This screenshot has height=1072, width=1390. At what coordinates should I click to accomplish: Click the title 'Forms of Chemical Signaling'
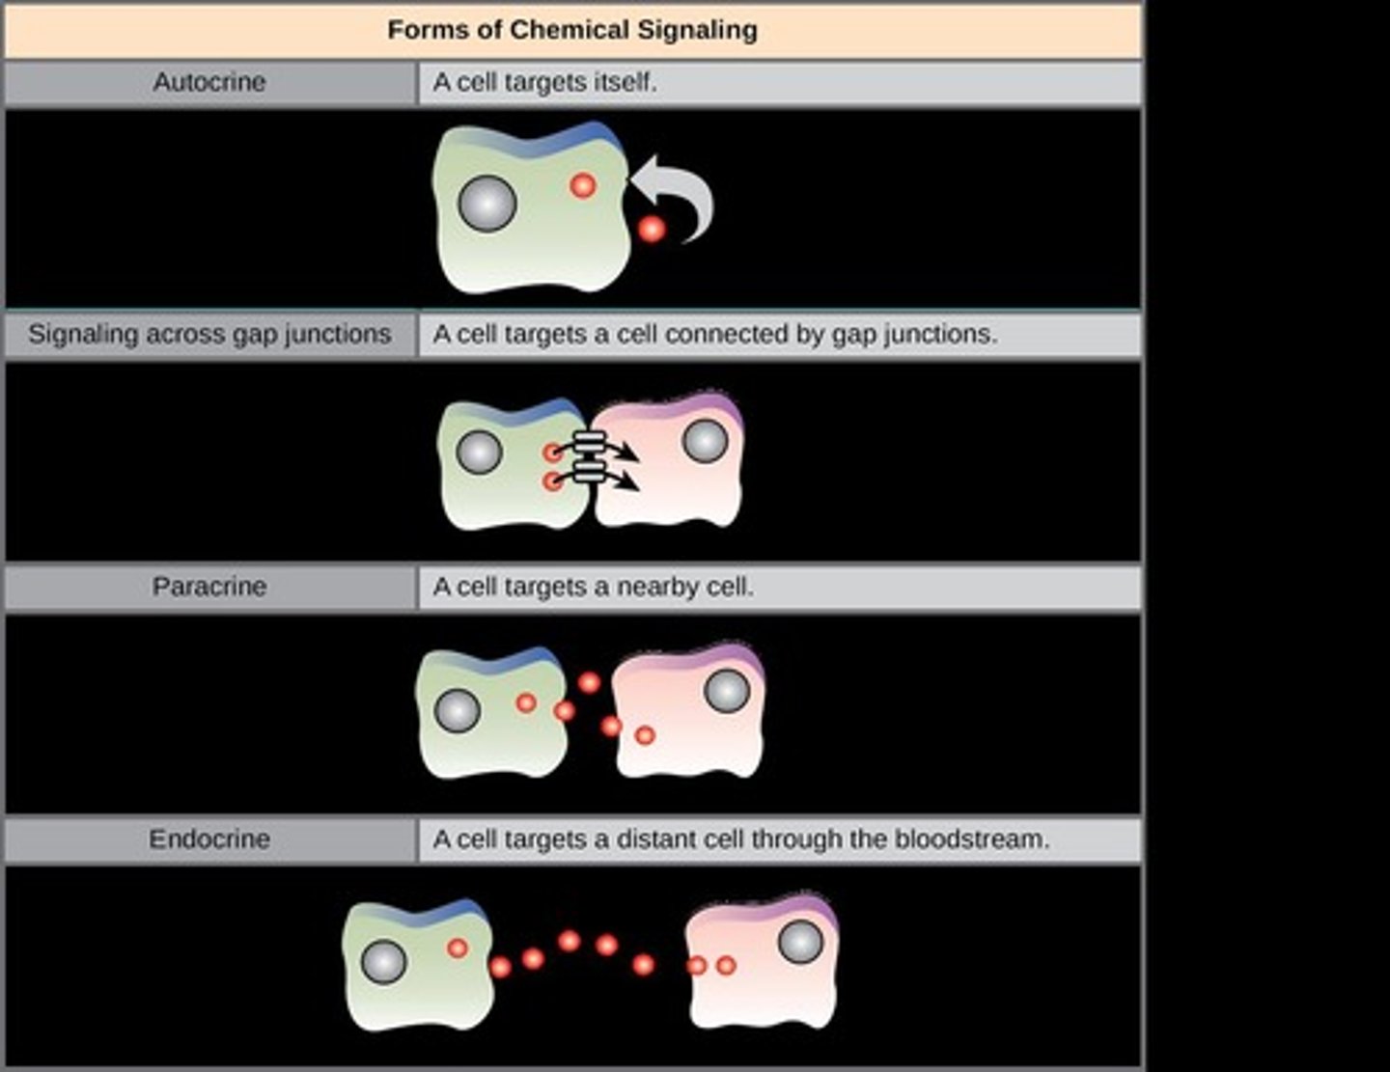click(x=572, y=30)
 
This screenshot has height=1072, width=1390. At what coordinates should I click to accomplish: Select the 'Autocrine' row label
click(x=208, y=82)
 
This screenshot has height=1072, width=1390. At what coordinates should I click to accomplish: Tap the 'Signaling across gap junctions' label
click(x=209, y=335)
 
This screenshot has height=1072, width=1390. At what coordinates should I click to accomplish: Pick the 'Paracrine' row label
click(x=208, y=587)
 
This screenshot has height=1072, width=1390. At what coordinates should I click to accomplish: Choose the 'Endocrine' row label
click(x=208, y=839)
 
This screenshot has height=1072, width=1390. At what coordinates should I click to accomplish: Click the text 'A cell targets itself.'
click(x=544, y=82)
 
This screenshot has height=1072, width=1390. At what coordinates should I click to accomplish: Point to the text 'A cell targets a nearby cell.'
click(x=593, y=587)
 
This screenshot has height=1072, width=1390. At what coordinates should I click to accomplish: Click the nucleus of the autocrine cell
click(x=487, y=204)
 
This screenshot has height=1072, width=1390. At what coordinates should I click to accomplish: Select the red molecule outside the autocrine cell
click(x=652, y=230)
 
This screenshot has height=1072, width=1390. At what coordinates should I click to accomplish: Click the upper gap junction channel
click(x=589, y=446)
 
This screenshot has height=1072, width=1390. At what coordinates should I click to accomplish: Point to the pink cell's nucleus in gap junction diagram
click(x=706, y=441)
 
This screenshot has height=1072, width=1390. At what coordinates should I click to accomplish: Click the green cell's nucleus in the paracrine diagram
click(x=458, y=711)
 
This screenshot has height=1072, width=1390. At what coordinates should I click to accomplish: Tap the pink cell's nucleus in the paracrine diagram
click(x=727, y=691)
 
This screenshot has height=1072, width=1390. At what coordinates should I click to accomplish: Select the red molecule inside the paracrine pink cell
click(x=645, y=735)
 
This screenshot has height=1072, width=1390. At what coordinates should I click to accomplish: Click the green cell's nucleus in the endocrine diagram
click(x=383, y=962)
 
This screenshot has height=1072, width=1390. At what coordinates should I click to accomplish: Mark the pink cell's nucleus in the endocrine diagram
click(x=800, y=941)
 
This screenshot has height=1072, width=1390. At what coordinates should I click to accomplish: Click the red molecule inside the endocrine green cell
click(x=458, y=948)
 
